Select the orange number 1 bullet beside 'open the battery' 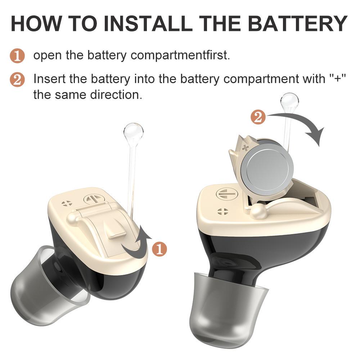(17, 56)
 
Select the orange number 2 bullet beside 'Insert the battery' (17, 79)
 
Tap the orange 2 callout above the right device (258, 117)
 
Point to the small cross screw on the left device (66, 203)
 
